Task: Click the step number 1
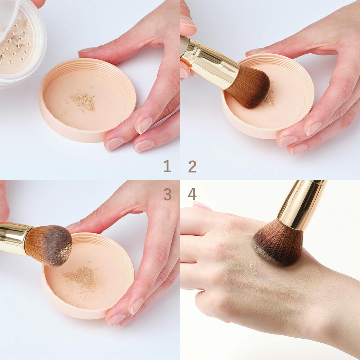point(167,166)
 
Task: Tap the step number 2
point(192,166)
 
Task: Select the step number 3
point(167,194)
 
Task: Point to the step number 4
point(192,194)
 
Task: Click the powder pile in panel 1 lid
point(84,101)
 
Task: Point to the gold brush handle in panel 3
point(13,238)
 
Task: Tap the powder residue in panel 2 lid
point(269,98)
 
